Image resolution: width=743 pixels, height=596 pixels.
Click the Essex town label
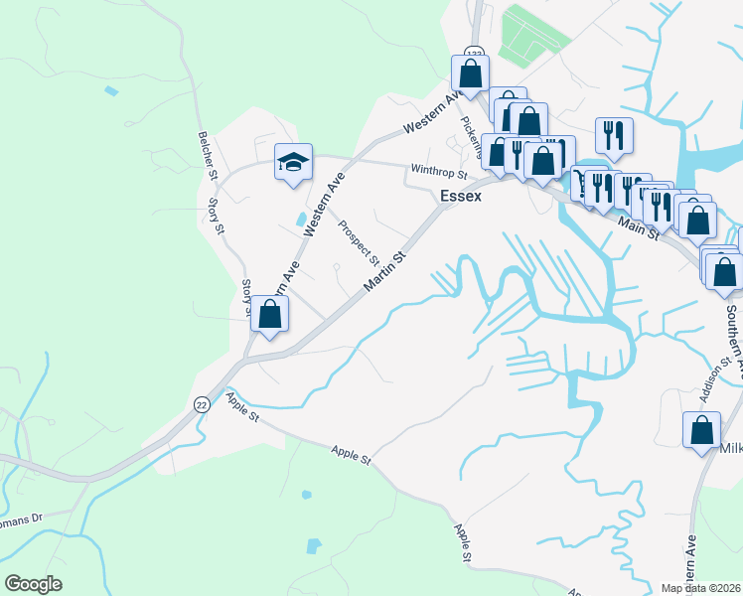coord(461,197)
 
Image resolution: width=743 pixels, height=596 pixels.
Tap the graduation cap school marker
coord(293,163)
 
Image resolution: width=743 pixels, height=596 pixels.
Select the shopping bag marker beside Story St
coord(269,314)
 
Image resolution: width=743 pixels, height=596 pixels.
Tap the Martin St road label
coord(385,271)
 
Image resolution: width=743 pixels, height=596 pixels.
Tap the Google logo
coord(33,583)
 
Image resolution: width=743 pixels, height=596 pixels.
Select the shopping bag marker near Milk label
coord(701,429)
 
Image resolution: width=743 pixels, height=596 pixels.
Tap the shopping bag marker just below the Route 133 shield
coord(471,73)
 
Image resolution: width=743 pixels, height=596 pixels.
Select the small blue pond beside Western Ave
coord(301,219)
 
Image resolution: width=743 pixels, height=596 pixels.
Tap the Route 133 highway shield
coord(473,52)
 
